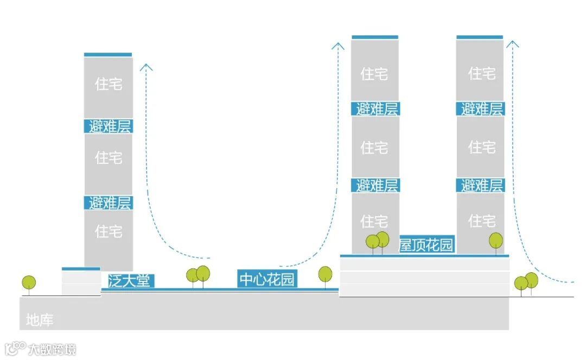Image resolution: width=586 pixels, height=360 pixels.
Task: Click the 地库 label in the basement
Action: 40,320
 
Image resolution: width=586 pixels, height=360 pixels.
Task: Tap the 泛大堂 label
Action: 128,281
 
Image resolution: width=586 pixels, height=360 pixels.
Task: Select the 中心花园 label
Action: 267,280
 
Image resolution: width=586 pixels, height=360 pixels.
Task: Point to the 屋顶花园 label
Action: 426,245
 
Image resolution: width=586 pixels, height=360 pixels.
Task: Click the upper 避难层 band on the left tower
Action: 109,127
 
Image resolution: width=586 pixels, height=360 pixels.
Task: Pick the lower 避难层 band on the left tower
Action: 109,203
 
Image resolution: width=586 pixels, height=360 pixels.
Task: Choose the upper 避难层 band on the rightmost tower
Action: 481,109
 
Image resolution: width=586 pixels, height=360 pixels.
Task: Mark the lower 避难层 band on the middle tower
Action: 376,186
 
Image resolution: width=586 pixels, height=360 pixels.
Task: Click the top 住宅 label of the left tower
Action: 109,84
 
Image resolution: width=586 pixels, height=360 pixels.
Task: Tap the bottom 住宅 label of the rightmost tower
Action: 481,221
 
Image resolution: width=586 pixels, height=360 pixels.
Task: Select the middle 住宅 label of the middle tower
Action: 374,147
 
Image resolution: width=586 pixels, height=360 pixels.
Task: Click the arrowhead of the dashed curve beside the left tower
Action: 146,67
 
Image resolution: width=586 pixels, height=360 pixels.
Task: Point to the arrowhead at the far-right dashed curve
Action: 512,44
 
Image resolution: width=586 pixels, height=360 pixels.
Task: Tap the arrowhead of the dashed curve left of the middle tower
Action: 338,45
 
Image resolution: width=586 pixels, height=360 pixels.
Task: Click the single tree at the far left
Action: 29,282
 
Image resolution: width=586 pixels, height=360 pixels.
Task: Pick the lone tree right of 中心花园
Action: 325,274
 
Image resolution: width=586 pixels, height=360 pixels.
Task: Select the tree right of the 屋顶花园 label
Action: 495,241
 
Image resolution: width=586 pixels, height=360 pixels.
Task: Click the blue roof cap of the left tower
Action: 108,55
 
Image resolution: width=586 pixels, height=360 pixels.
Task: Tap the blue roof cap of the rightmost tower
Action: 480,37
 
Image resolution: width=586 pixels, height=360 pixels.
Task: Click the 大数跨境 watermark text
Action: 53,349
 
